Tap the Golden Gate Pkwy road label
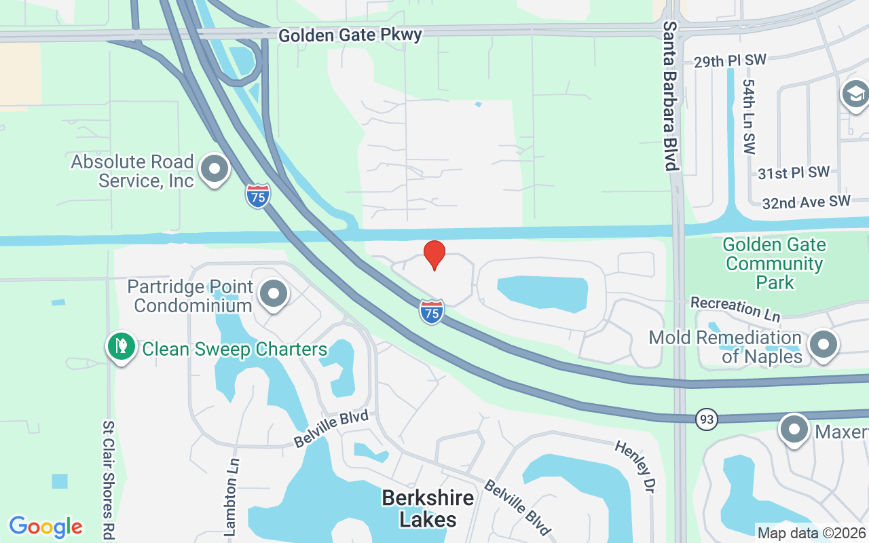point(350,35)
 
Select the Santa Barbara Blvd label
point(671,95)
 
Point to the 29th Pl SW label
point(730,61)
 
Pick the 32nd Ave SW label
point(806,202)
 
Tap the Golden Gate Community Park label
point(774,263)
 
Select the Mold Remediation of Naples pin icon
point(824,344)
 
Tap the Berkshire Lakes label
point(428,508)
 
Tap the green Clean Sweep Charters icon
point(122,346)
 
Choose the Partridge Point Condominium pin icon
point(274,295)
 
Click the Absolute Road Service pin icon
point(215,170)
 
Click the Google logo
point(45,527)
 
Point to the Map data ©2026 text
point(811,533)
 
